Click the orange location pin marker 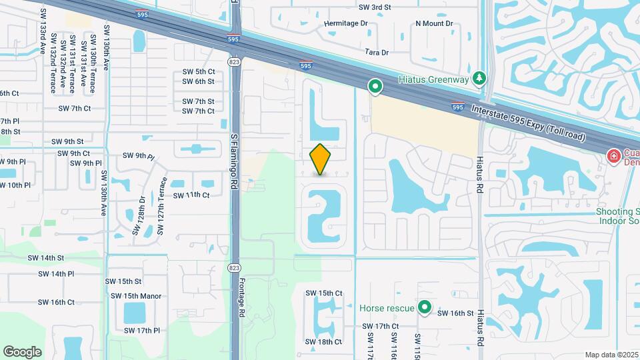pyautogui.click(x=321, y=159)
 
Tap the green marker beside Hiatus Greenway pyautogui.click(x=375, y=85)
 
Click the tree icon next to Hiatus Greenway pyautogui.click(x=479, y=79)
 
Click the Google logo pyautogui.click(x=22, y=351)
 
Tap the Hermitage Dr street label pyautogui.click(x=346, y=23)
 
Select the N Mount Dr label pyautogui.click(x=434, y=23)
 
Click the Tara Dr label pyautogui.click(x=377, y=52)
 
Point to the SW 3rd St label pyautogui.click(x=375, y=7)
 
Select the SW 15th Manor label pyautogui.click(x=136, y=296)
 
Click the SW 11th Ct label pyautogui.click(x=191, y=195)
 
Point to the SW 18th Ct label pyautogui.click(x=324, y=342)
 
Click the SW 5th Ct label pyautogui.click(x=199, y=71)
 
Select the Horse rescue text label pyautogui.click(x=387, y=309)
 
